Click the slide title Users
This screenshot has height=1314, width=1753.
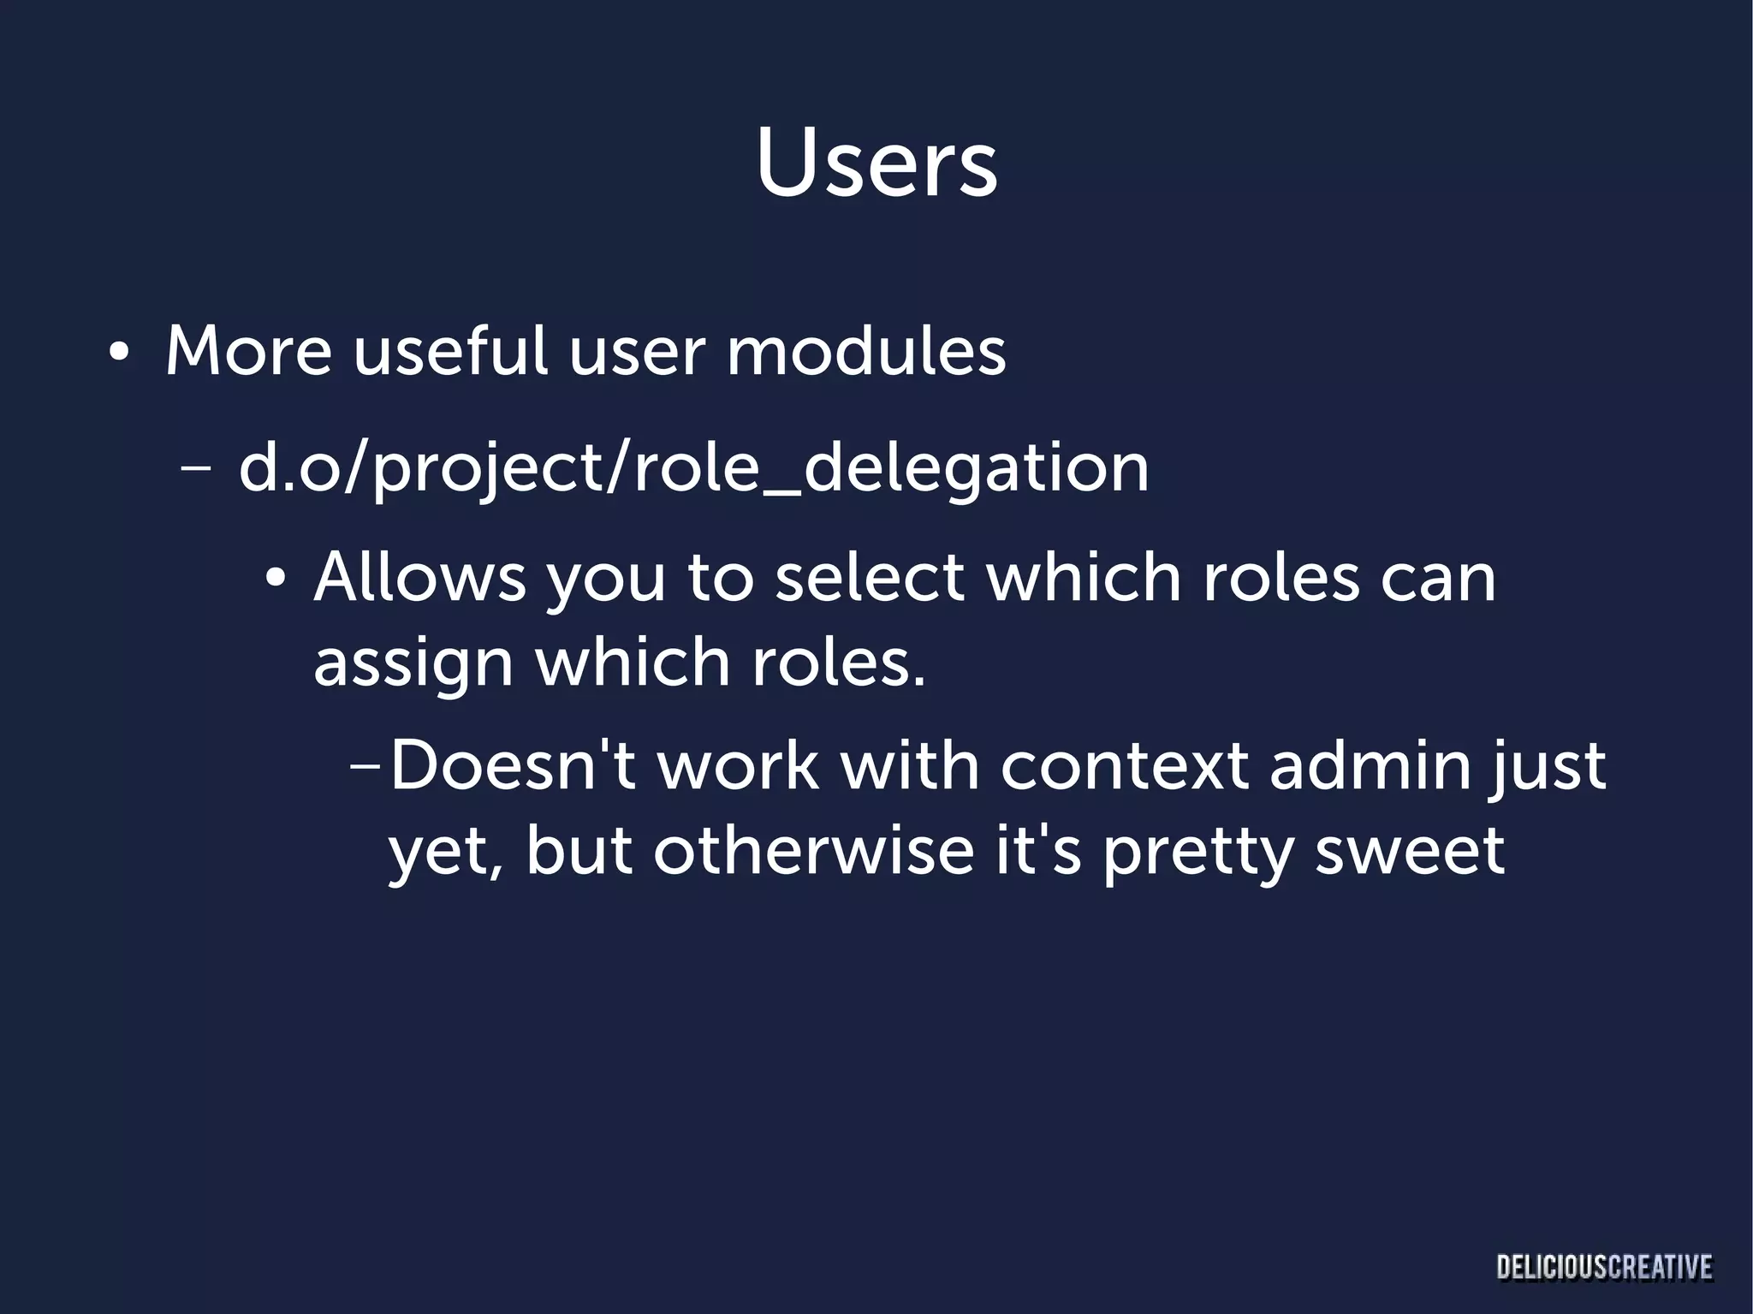[x=876, y=164]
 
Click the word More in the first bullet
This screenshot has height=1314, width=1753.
[x=248, y=351]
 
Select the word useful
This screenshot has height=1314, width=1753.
[x=450, y=351]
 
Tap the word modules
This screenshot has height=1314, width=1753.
[x=865, y=351]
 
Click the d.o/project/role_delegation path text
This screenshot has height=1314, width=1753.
[x=693, y=469]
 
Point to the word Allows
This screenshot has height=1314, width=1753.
[x=419, y=577]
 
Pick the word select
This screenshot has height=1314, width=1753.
[x=870, y=577]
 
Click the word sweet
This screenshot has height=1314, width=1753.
[x=1409, y=851]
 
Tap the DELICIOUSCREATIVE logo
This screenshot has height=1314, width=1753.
[x=1604, y=1266]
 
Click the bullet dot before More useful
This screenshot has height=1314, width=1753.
[x=119, y=353]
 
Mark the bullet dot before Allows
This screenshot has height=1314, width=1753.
[x=275, y=580]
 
